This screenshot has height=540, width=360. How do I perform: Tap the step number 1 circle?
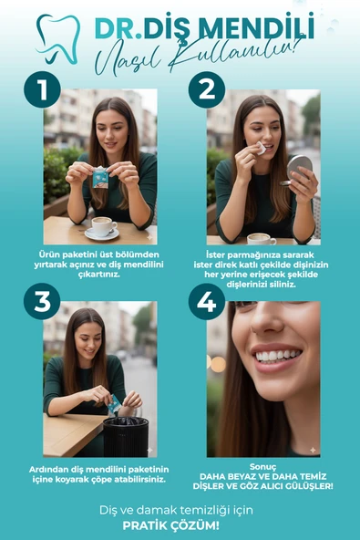(x=42, y=89)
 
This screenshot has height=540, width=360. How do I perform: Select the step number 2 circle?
(x=207, y=89)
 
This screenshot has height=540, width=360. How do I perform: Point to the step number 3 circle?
(x=42, y=301)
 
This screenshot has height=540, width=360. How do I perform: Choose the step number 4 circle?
(x=207, y=301)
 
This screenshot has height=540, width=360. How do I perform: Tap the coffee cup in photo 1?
(x=102, y=228)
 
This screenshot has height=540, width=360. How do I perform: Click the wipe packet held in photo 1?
(x=100, y=177)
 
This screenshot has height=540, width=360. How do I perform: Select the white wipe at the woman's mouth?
(x=261, y=148)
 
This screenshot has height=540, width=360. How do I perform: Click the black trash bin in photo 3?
(x=126, y=436)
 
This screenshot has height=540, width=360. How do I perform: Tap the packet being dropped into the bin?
(x=114, y=404)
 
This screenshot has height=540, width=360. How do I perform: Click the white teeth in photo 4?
(x=277, y=356)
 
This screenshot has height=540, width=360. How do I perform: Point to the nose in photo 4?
(x=268, y=320)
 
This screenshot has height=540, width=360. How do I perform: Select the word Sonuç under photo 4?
(x=263, y=467)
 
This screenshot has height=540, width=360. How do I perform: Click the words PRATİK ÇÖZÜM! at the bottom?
(x=170, y=526)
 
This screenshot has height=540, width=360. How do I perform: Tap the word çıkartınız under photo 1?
(x=99, y=275)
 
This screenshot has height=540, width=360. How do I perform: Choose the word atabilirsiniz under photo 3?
(x=139, y=479)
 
